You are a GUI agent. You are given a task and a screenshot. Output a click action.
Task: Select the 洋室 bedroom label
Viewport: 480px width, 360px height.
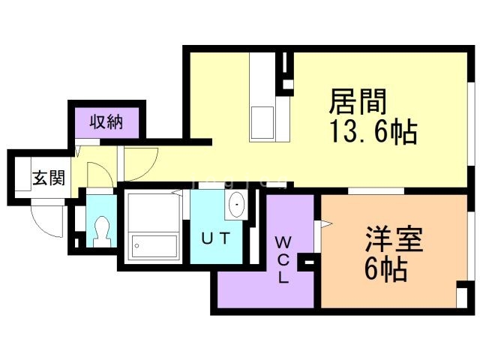(394, 241)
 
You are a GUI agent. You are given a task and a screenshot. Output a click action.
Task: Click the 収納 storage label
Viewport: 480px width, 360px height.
(106, 121)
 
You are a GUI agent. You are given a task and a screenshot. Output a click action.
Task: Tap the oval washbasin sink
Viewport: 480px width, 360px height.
(236, 204)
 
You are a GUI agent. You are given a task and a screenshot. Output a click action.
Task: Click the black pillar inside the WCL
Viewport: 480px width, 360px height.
(307, 262)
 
